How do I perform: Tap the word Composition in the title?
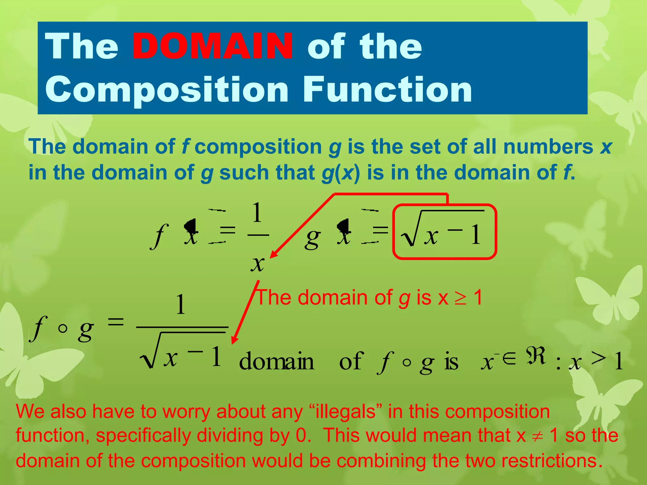click(x=167, y=90)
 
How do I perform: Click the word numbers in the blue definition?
click(x=548, y=147)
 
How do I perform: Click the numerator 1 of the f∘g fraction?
click(x=180, y=304)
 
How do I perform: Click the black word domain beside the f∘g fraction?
click(x=277, y=361)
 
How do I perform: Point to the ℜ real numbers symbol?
click(x=536, y=356)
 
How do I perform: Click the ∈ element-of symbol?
click(x=509, y=357)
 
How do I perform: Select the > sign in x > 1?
click(x=599, y=358)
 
